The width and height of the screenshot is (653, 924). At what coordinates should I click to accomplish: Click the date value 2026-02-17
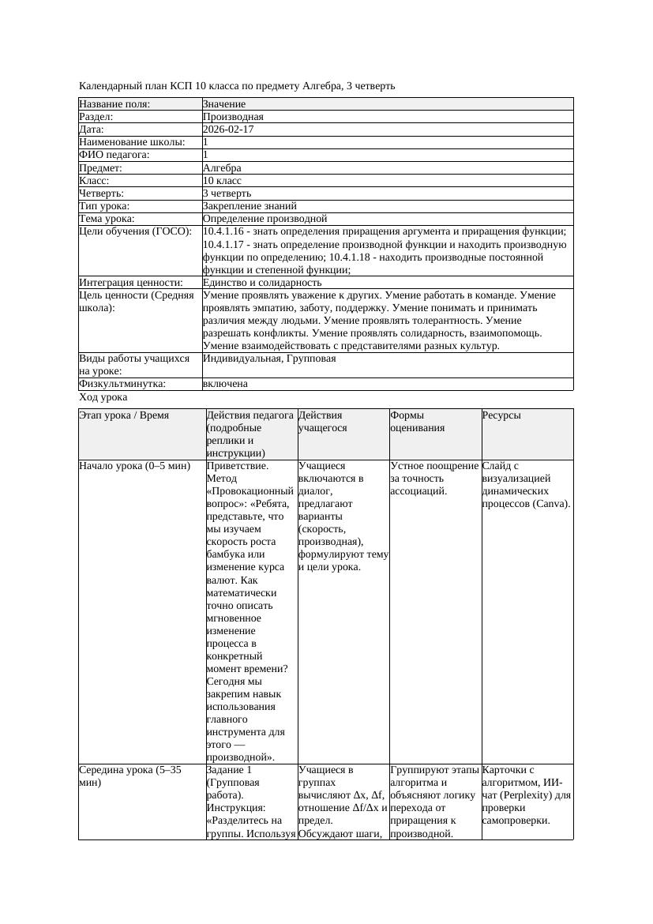tap(228, 130)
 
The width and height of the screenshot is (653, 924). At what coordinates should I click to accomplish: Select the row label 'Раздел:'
tap(96, 117)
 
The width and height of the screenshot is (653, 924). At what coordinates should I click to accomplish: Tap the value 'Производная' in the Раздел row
tap(233, 117)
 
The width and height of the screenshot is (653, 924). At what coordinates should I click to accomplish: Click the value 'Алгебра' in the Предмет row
tap(222, 167)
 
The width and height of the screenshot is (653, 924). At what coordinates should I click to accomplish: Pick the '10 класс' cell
tap(222, 180)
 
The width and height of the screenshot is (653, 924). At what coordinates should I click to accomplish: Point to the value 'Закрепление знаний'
tap(245, 205)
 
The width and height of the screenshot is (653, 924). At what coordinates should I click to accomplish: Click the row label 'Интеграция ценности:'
tap(131, 282)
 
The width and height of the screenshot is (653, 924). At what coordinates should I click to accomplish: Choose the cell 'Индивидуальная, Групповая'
tap(269, 359)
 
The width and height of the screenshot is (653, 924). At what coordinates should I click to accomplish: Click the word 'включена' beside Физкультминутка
tap(225, 384)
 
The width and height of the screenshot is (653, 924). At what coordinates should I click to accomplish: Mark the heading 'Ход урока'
tap(103, 397)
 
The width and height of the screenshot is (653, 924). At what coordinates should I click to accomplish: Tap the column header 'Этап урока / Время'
tap(124, 415)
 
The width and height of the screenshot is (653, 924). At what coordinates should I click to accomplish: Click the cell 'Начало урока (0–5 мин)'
tap(135, 466)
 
